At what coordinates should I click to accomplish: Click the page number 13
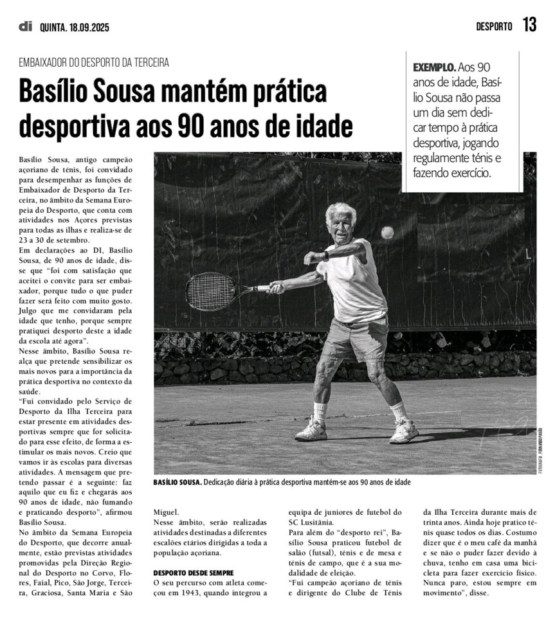pos(529,25)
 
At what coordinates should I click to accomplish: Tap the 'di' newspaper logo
pos(26,26)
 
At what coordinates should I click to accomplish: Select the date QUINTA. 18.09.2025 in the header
pos(74,27)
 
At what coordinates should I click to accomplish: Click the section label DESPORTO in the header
pos(494,26)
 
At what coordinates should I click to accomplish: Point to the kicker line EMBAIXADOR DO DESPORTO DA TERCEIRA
pos(94,63)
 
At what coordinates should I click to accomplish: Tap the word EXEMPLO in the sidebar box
pos(434,67)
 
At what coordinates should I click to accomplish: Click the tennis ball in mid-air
pos(387,233)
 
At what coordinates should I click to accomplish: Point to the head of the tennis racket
pos(210,291)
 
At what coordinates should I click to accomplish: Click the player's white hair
pos(341,211)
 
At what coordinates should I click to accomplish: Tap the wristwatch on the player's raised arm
pos(326,256)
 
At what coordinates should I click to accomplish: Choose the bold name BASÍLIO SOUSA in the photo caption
pos(176,482)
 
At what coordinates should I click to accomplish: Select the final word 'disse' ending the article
pos(478,593)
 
